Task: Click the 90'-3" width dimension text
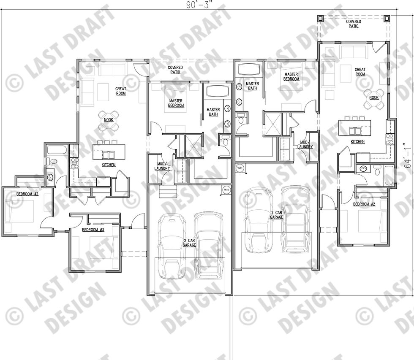point(199,5)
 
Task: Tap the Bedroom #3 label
point(93,230)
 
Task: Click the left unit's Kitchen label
point(109,165)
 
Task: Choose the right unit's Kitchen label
point(357,142)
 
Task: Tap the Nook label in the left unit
point(109,120)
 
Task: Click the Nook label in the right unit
point(373,97)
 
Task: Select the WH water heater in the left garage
point(226,189)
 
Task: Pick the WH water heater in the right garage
point(240,168)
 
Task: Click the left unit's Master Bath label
point(213,112)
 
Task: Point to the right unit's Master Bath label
point(253,86)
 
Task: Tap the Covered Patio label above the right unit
point(354,24)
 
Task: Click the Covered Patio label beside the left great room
point(175,70)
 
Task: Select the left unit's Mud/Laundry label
point(162,166)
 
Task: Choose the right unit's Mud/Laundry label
point(305,144)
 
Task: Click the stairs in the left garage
point(168,191)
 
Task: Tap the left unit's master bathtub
point(218,92)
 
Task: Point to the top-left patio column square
point(321,18)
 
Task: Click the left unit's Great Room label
point(121,91)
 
